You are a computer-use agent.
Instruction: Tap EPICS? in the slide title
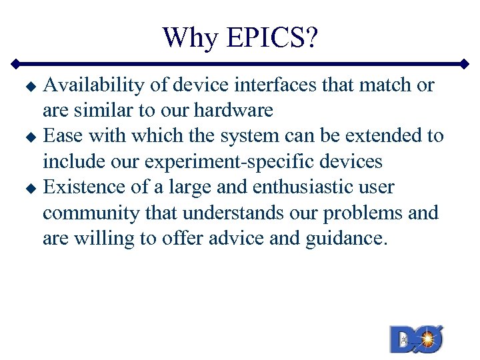click(x=272, y=37)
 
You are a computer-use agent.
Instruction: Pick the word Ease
click(x=64, y=136)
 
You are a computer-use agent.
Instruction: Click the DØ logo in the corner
click(x=417, y=339)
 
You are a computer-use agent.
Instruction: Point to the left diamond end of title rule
click(x=15, y=65)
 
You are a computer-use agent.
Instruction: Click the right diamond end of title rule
click(x=465, y=65)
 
